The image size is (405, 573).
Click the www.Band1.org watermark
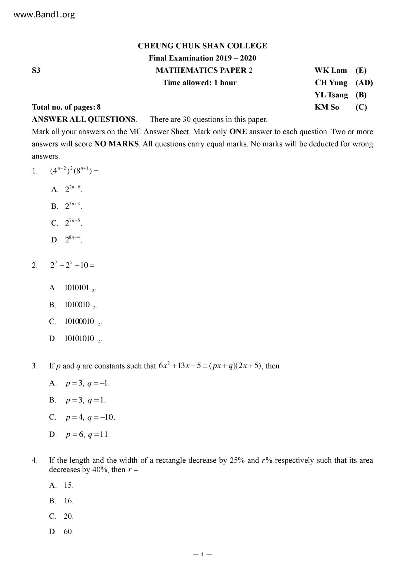[44, 15]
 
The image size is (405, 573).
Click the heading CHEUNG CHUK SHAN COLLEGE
[202, 46]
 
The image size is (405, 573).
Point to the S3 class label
[36, 70]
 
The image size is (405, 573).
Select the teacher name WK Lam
[331, 70]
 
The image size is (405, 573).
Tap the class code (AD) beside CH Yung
[364, 83]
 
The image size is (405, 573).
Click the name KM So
[327, 107]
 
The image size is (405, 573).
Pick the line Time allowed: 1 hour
[200, 83]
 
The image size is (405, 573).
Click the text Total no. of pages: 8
[66, 107]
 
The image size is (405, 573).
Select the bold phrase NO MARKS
[116, 144]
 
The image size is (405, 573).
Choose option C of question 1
[67, 223]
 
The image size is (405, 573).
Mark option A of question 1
[67, 189]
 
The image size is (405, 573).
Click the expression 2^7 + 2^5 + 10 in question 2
[72, 265]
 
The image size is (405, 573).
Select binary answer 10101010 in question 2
[79, 338]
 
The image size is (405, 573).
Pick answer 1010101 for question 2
[77, 288]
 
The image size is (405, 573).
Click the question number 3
[35, 366]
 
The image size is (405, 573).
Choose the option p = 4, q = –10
[90, 417]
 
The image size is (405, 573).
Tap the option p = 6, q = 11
[87, 434]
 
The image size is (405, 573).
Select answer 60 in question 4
[68, 532]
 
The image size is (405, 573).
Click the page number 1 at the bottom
[202, 554]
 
